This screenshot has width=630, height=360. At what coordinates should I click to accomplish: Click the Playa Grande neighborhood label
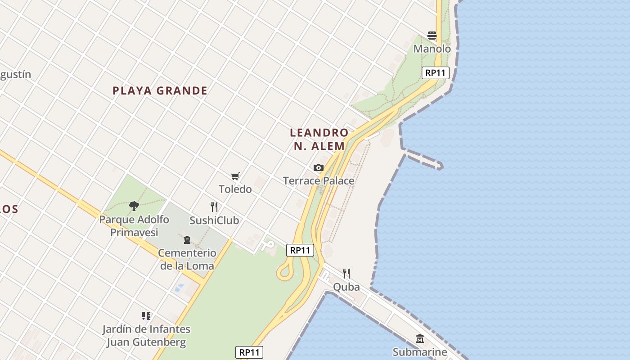click(160, 91)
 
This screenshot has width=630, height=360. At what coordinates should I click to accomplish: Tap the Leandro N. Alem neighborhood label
click(319, 139)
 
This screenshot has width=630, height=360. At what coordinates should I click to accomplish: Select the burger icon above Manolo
click(432, 36)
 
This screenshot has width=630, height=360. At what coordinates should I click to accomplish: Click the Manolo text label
click(432, 49)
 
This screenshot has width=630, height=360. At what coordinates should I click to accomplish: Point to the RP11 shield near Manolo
click(436, 73)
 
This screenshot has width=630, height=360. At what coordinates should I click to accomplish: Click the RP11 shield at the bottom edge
click(249, 352)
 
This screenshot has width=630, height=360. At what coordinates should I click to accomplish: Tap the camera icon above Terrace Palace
click(319, 168)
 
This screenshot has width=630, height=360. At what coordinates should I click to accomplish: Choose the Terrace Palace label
click(319, 181)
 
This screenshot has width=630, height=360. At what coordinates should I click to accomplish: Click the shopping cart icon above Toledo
click(235, 176)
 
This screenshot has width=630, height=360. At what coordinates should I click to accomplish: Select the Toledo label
click(235, 189)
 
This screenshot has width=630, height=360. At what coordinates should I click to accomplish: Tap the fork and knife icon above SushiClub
click(214, 207)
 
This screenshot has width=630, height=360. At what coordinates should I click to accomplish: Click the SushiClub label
click(214, 220)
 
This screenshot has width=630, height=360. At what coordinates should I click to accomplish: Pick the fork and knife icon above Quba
click(346, 274)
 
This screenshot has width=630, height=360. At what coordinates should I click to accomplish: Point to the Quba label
click(346, 287)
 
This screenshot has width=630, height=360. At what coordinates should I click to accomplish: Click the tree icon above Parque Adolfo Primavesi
click(134, 206)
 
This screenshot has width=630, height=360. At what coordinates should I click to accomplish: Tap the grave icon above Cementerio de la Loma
click(187, 240)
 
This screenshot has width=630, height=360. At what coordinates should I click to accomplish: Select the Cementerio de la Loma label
click(187, 259)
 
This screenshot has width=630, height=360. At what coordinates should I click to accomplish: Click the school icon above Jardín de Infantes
click(146, 316)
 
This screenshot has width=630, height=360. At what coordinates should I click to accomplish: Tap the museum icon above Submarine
click(420, 339)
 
